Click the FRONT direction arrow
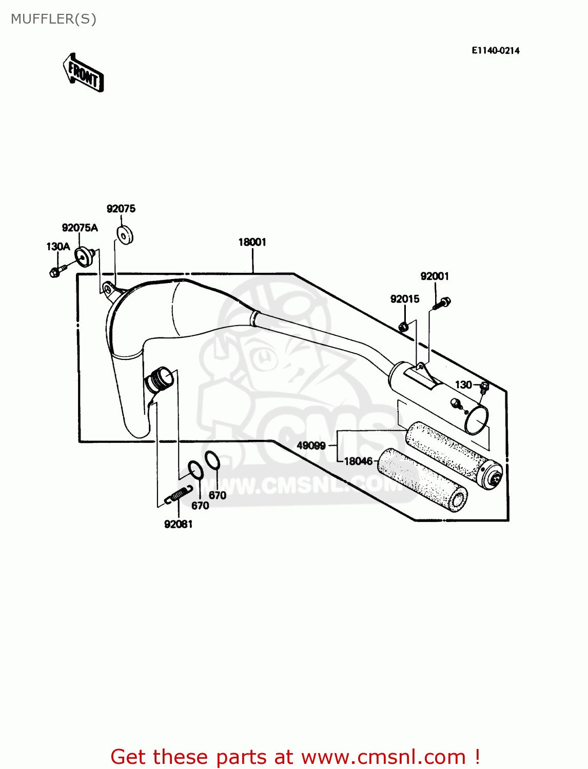point(83,73)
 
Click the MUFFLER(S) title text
point(53,19)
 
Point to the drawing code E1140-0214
point(495,50)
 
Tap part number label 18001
point(252,242)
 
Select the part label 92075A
point(80,228)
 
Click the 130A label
point(58,247)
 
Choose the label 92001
point(435,276)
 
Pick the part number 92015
point(404,299)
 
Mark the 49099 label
point(311,446)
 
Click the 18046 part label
point(358,461)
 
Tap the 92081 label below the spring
point(178,524)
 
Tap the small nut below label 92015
point(403,326)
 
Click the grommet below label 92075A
point(85,256)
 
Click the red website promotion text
point(295,757)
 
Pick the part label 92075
point(121,209)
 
